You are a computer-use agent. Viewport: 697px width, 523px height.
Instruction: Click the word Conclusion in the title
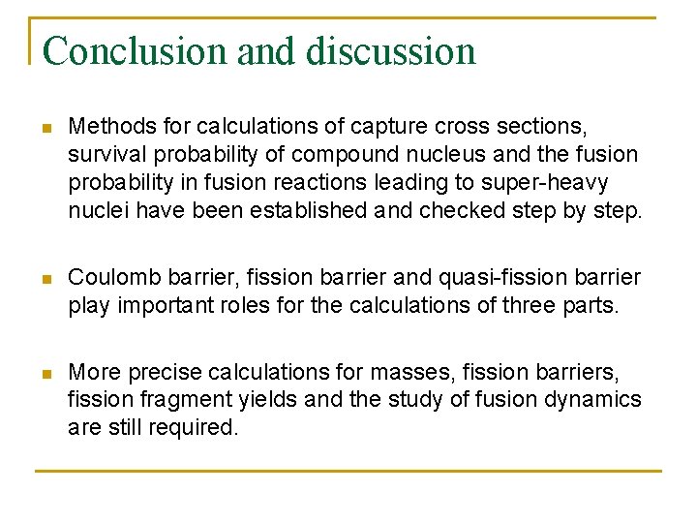click(136, 50)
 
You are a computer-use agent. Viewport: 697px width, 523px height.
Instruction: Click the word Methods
click(108, 126)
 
